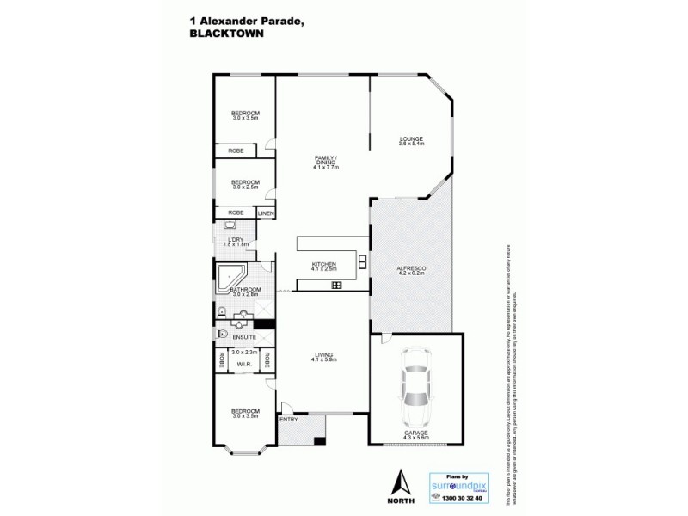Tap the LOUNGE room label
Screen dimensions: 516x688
click(411, 138)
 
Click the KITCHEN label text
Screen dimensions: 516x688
click(323, 263)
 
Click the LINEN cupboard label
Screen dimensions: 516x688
click(266, 212)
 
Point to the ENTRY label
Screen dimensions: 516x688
click(288, 419)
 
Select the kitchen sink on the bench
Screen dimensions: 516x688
click(336, 285)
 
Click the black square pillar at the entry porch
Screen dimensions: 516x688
click(319, 442)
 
